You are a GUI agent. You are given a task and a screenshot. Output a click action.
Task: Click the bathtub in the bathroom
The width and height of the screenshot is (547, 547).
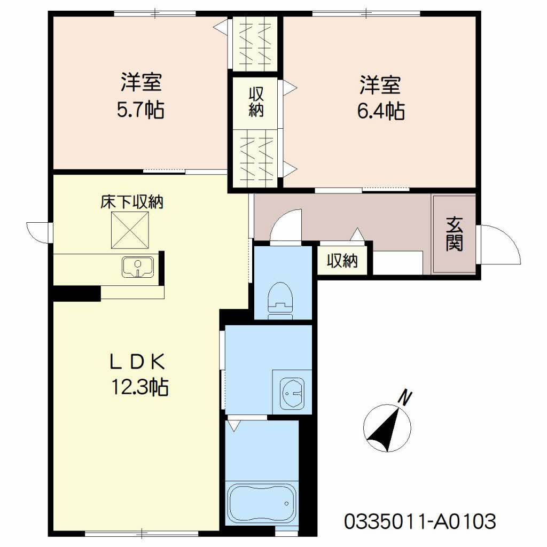pyautogui.click(x=261, y=503)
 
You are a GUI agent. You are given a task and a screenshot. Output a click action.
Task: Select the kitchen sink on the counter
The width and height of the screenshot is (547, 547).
pyautogui.click(x=138, y=267)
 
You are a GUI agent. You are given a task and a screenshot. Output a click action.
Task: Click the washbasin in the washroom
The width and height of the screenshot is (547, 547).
pyautogui.click(x=292, y=393)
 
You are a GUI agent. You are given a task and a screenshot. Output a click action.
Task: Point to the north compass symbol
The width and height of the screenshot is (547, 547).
pyautogui.click(x=387, y=428)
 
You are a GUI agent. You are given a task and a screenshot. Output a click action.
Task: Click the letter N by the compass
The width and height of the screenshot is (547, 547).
pyautogui.click(x=405, y=398)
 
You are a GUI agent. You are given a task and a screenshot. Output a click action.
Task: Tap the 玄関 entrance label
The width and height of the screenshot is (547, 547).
pyautogui.click(x=454, y=234)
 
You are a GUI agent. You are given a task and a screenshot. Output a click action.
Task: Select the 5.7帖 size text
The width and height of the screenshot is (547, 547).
pyautogui.click(x=140, y=110)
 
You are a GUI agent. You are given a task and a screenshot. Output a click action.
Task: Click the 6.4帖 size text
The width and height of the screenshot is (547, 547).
pyautogui.click(x=381, y=111)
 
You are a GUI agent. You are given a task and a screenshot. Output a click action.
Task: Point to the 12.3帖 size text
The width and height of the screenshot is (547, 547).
pyautogui.click(x=140, y=387)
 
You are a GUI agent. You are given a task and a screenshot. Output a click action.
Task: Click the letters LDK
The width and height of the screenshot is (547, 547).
pyautogui.click(x=137, y=362)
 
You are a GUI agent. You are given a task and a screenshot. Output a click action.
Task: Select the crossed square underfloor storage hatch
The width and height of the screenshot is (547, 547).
pyautogui.click(x=130, y=230)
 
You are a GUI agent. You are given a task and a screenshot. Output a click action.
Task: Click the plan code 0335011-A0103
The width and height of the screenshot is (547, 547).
pyautogui.click(x=420, y=521)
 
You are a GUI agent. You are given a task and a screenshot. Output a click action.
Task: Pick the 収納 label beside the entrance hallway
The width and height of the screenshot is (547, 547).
pyautogui.click(x=342, y=260)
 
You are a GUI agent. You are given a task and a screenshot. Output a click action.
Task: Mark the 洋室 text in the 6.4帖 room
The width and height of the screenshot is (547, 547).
pyautogui.click(x=380, y=85)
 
